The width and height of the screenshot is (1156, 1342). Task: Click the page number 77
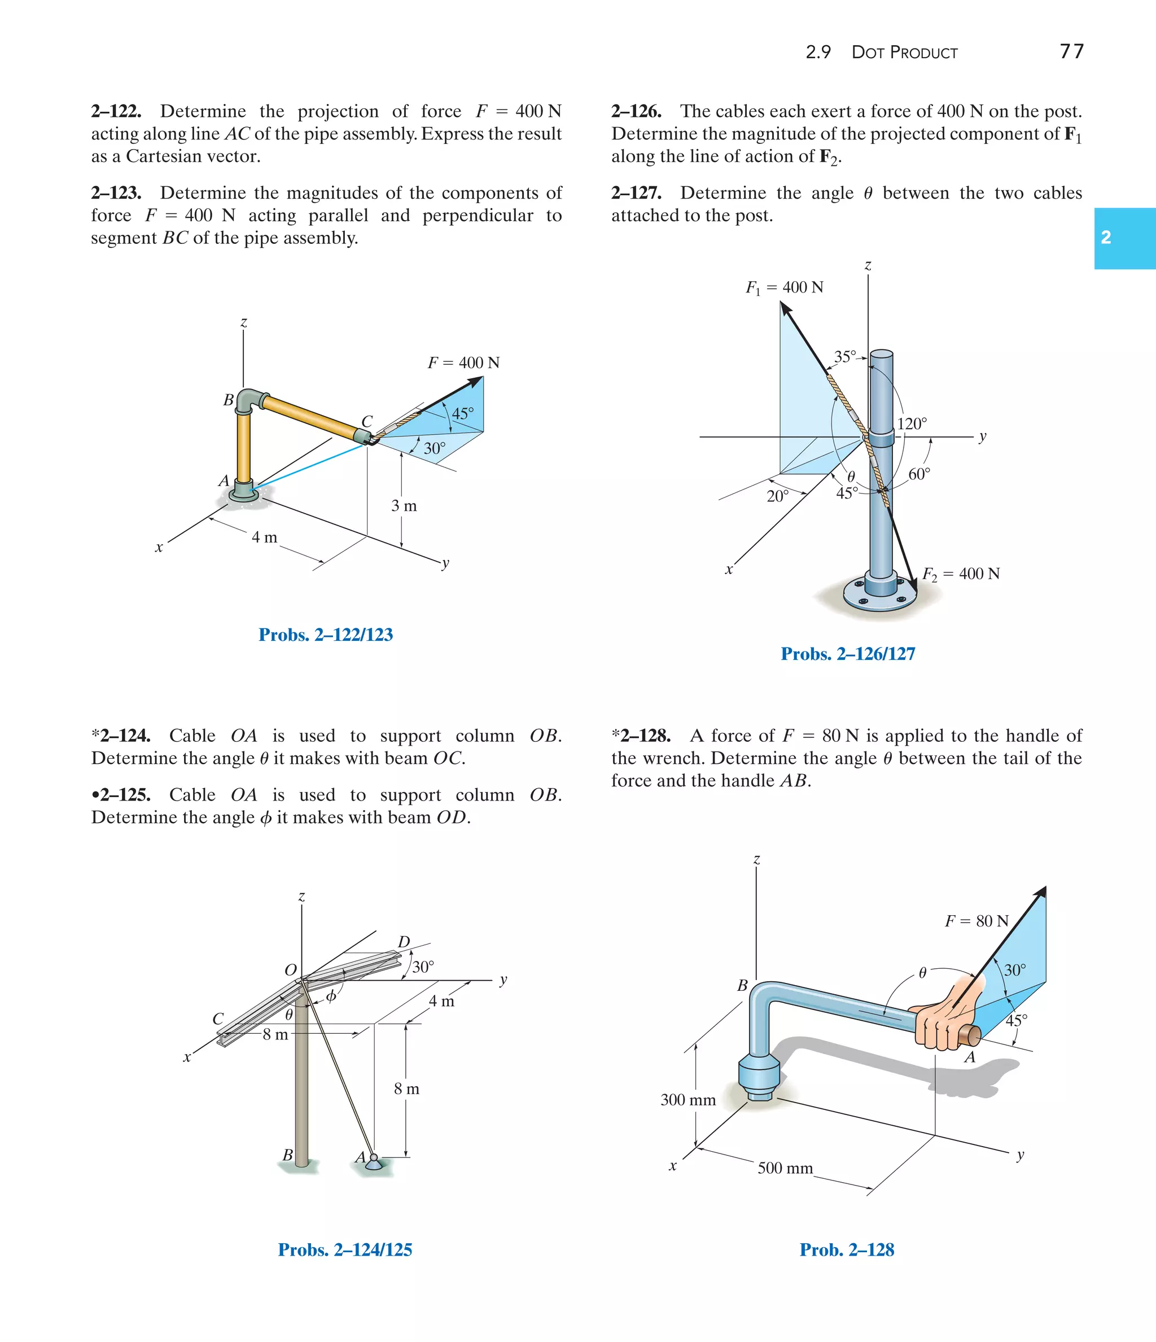pos(1071,51)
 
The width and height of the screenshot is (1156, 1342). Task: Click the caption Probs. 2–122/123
pos(326,635)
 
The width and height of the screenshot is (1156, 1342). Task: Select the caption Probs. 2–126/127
pos(848,654)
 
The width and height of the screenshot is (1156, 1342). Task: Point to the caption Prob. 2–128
pos(847,1250)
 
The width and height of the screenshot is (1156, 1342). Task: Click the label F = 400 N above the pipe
pos(463,362)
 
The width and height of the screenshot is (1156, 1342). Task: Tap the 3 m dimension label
pos(404,506)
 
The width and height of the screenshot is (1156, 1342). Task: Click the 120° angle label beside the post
pos(912,424)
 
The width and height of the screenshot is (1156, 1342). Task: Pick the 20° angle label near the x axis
pos(778,496)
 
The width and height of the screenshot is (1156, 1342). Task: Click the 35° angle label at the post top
pos(844,357)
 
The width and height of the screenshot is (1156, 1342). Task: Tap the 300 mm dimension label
pos(688,1100)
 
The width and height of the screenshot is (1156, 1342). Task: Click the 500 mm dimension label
pos(785,1168)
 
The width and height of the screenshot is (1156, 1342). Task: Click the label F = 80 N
pos(977,921)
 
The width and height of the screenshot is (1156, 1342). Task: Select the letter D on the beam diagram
pos(404,942)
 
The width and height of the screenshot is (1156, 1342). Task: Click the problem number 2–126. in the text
pos(636,111)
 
